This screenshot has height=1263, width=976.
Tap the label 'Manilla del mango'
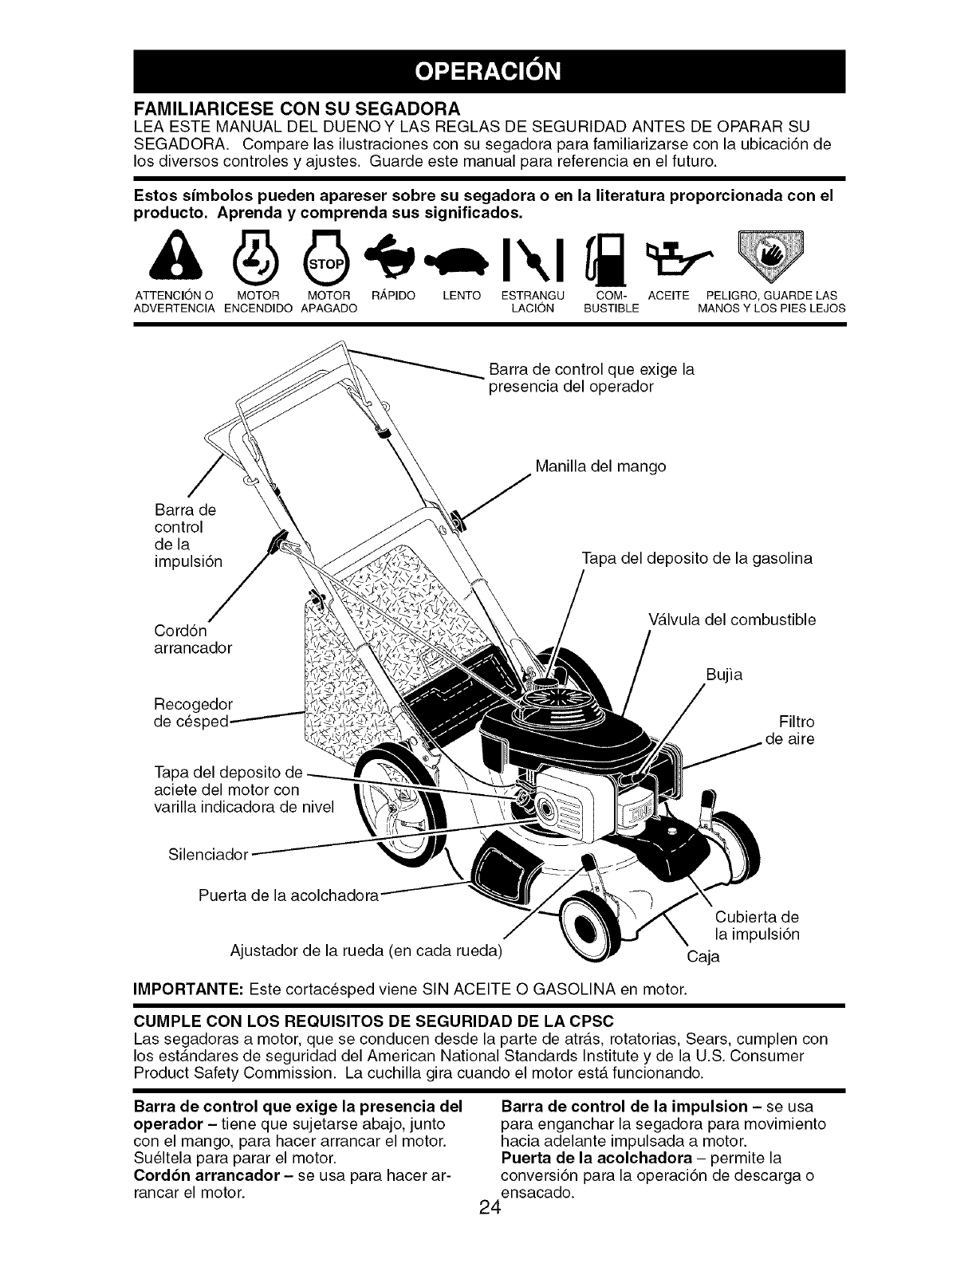coord(600,466)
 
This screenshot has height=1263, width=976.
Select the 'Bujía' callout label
coord(724,675)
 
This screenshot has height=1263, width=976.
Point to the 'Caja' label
coord(703,957)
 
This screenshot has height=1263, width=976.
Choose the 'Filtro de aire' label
coord(790,730)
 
